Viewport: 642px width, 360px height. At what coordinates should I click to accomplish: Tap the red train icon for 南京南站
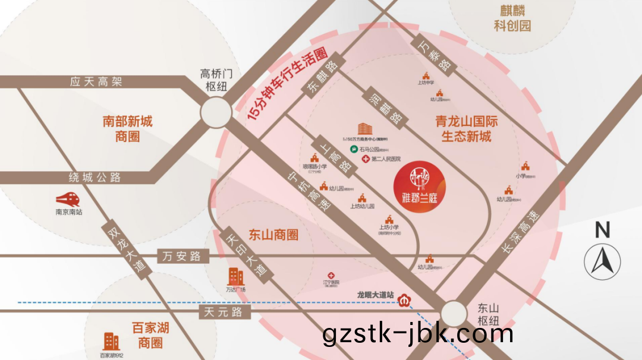[68, 198]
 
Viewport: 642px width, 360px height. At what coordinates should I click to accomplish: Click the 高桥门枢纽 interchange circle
[215, 112]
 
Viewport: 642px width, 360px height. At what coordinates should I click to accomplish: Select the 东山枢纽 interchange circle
[454, 313]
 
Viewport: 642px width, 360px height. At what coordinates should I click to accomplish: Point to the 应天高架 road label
[96, 82]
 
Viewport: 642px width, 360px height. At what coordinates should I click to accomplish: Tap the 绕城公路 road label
[96, 177]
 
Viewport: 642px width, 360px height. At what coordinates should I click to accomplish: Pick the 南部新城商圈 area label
[127, 129]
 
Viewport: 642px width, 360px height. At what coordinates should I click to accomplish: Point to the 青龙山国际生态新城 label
[467, 129]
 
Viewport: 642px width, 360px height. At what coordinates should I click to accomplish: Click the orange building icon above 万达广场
[236, 276]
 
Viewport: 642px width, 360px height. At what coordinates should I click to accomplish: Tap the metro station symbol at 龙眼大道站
[405, 299]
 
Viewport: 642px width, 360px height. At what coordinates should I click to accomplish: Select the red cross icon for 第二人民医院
[366, 159]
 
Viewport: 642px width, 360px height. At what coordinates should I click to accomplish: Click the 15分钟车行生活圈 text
[288, 85]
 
